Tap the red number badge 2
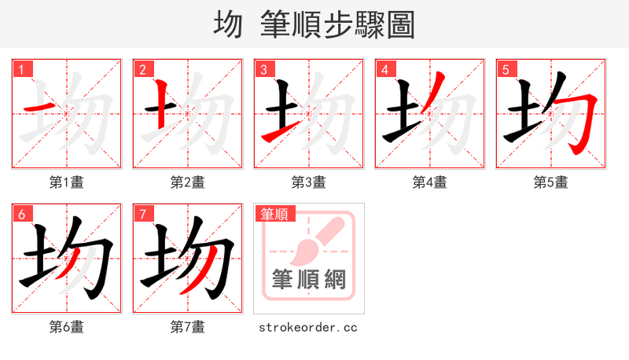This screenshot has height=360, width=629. coord(142,69)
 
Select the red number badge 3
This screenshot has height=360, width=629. coord(263,69)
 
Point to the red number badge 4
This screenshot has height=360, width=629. coord(384,69)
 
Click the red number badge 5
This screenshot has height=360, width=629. coord(506,69)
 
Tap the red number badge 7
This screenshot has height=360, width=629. coord(142,214)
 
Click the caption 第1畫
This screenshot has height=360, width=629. coord(66,182)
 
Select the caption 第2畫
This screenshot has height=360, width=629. coord(187,182)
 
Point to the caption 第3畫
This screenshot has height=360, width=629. coord(308,182)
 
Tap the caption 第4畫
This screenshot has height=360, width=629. coord(429,182)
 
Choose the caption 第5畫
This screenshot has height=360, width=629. coord(550,182)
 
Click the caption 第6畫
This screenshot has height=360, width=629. coord(66,327)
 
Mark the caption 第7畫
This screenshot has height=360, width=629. coord(187,327)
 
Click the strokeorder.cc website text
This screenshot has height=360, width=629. coord(308,327)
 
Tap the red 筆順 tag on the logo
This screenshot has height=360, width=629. coord(274,214)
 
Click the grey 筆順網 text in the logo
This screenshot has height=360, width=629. coord(308,279)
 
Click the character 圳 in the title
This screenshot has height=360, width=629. coord(228,25)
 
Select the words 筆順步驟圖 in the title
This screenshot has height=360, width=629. coord(337,25)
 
